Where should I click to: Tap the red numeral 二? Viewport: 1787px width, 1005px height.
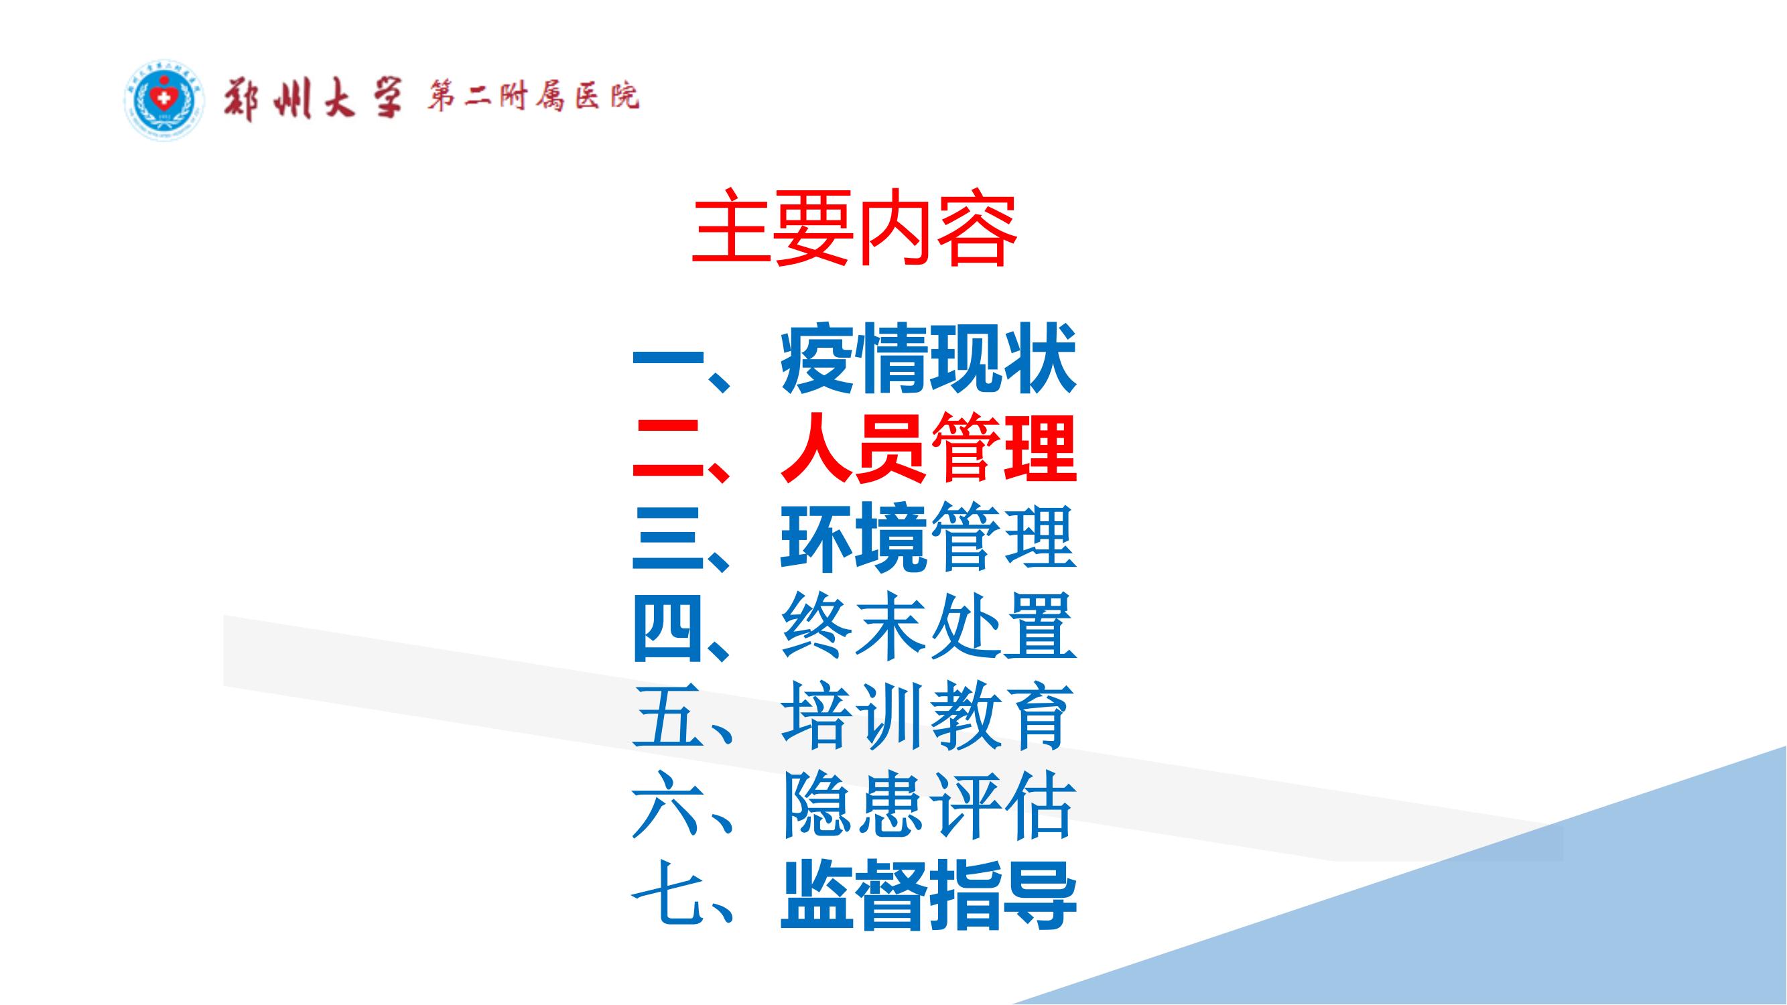click(x=667, y=450)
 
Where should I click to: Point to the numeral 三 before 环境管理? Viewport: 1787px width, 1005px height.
click(x=667, y=539)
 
